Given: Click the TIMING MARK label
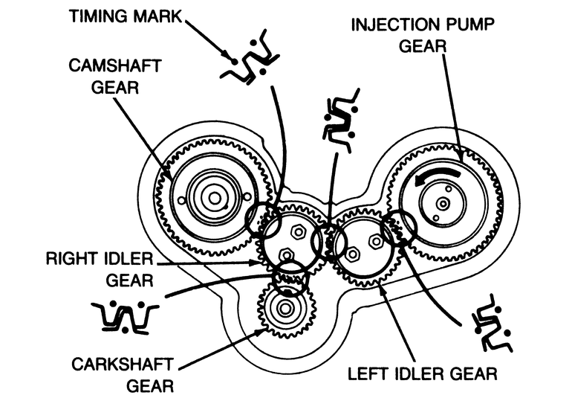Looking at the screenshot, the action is click(125, 16).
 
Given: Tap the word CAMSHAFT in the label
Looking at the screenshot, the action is click(115, 65).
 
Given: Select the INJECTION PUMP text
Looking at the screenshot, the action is click(423, 25).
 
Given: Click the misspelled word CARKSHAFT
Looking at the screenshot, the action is click(123, 365).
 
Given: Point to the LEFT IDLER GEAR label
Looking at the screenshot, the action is click(423, 373).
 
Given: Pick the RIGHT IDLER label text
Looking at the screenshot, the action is click(100, 259).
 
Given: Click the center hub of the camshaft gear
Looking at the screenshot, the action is click(215, 199).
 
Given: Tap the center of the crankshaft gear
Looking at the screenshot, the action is click(285, 309).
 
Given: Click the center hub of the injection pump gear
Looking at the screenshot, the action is click(443, 204).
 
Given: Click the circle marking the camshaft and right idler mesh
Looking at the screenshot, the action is click(263, 218).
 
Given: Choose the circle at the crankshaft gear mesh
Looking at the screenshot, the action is click(290, 278).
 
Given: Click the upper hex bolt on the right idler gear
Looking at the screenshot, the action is click(299, 231).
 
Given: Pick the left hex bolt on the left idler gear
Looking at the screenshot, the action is click(352, 253).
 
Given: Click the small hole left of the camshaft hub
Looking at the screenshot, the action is click(181, 200).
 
